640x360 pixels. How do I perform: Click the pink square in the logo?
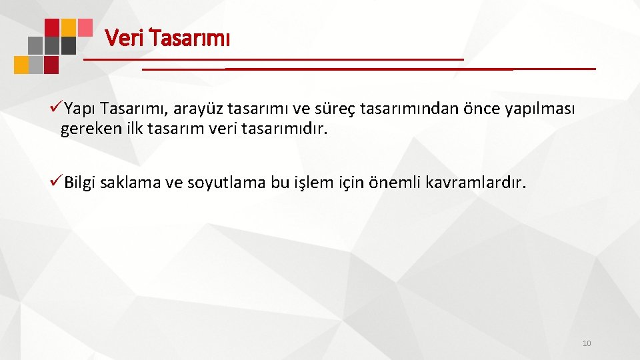click(x=85, y=27)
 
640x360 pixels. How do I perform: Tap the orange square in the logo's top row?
click(x=68, y=27)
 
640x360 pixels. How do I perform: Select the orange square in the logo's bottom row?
click(x=21, y=65)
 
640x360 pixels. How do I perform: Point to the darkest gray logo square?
click(x=68, y=45)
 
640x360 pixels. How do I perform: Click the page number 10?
click(x=587, y=343)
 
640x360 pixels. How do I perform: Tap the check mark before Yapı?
click(x=56, y=108)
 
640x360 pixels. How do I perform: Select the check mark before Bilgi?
click(x=56, y=182)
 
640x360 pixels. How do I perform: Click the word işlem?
click(x=313, y=183)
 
